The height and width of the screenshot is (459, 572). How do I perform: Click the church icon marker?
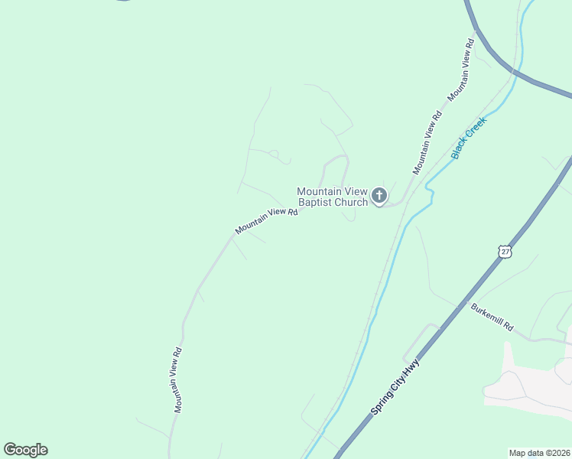click(379, 197)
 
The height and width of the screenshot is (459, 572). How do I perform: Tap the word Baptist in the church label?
click(317, 203)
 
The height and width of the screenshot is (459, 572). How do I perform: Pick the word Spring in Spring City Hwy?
click(382, 402)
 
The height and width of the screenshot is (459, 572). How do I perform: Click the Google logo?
click(25, 450)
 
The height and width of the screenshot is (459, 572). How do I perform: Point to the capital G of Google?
click(10, 450)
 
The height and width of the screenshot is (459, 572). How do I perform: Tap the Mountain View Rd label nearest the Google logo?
click(177, 380)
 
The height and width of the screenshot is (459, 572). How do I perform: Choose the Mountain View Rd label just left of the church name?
click(265, 220)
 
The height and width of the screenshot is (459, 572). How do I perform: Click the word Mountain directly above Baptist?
click(319, 191)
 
